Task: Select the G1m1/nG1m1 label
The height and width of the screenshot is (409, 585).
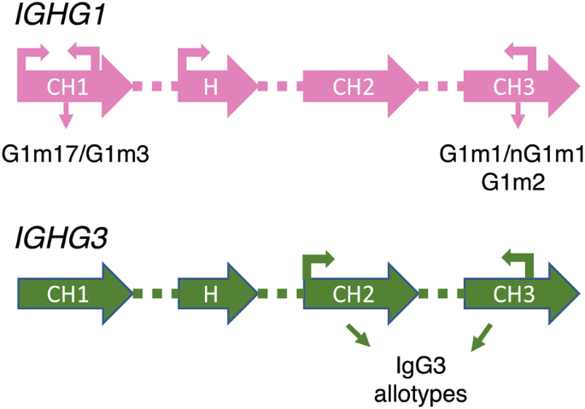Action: [512, 155]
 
